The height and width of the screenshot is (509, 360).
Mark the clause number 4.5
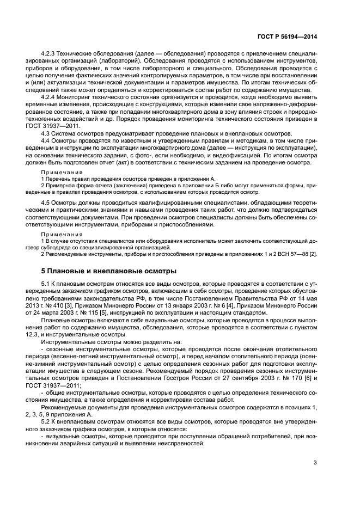[x=46, y=203]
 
